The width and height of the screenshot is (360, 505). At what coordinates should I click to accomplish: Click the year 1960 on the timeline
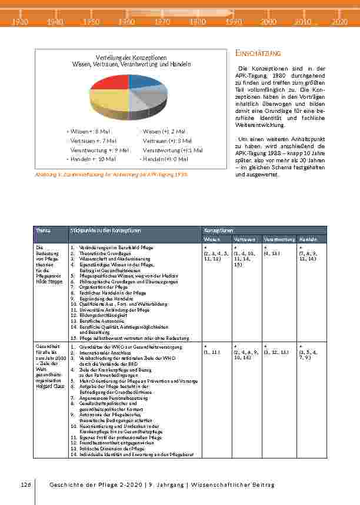pyautogui.click(x=125, y=22)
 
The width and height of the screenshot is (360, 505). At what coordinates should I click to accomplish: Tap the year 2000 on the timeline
pyautogui.click(x=268, y=22)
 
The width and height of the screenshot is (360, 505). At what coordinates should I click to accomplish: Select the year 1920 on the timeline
pyautogui.click(x=20, y=22)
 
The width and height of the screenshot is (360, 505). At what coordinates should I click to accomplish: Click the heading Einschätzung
pyautogui.click(x=258, y=53)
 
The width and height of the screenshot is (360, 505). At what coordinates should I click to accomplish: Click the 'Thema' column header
pyautogui.click(x=43, y=231)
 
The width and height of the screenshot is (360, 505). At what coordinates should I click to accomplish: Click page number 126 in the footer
pyautogui.click(x=25, y=484)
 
